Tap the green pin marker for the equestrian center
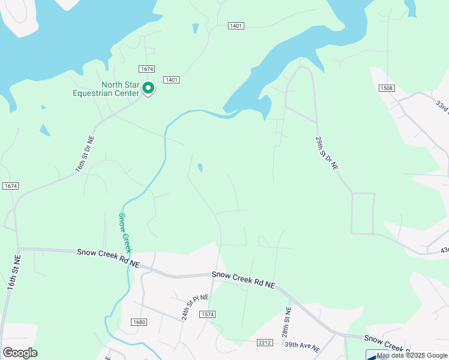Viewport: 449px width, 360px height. (x=148, y=89)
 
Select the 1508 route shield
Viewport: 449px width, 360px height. (x=387, y=89)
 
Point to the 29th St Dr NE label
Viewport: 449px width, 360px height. (x=327, y=154)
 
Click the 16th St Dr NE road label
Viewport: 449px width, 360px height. (x=85, y=155)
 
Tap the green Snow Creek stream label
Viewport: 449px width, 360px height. (x=125, y=233)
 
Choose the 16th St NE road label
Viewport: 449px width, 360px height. (x=14, y=272)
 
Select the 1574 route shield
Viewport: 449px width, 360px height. (x=208, y=314)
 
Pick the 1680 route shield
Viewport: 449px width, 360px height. (x=139, y=322)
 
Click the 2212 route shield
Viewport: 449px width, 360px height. (x=265, y=343)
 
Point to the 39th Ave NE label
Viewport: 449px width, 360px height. (x=302, y=347)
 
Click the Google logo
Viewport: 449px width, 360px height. (x=20, y=352)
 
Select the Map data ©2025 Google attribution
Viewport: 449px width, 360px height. (x=412, y=355)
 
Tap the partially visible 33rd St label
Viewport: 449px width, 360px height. (x=442, y=106)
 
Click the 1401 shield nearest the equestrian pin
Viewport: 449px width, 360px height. (x=172, y=80)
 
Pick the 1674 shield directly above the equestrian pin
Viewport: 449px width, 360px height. (x=146, y=69)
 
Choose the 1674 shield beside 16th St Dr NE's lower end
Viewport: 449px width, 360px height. (x=10, y=186)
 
